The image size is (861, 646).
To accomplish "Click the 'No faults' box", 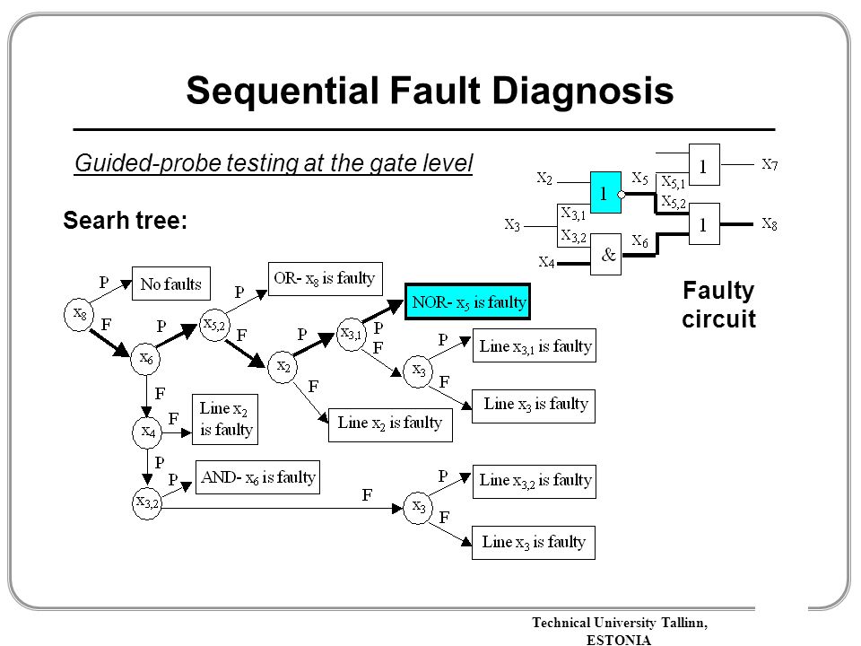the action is [x=170, y=284].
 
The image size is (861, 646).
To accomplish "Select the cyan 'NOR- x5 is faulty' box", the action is [x=468, y=301].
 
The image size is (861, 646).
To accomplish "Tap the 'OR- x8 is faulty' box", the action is [x=325, y=279].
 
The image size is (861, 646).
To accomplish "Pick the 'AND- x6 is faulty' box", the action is [x=257, y=477].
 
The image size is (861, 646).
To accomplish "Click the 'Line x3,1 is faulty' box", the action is [x=535, y=345].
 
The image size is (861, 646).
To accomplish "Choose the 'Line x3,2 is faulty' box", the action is [x=535, y=481].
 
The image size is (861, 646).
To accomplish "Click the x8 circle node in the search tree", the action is [x=79, y=315].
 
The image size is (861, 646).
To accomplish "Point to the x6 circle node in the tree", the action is [x=145, y=359].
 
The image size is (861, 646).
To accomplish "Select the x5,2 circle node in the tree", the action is [x=214, y=325].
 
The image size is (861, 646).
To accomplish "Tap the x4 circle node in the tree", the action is [x=147, y=432].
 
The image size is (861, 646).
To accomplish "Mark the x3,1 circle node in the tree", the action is [x=352, y=334].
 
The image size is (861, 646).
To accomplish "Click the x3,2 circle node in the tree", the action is [x=147, y=502].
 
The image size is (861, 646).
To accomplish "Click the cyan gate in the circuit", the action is [x=605, y=192].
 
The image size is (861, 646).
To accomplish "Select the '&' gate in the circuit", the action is [x=605, y=254].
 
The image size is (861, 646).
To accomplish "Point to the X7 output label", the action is [x=770, y=164].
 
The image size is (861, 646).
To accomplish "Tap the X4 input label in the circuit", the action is [x=546, y=262].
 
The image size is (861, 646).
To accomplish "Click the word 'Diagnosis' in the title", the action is [x=583, y=91].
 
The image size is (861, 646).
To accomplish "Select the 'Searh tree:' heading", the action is [x=126, y=221].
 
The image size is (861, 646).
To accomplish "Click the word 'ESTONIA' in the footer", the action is [x=619, y=640].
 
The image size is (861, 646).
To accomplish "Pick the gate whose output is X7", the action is [x=705, y=165].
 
